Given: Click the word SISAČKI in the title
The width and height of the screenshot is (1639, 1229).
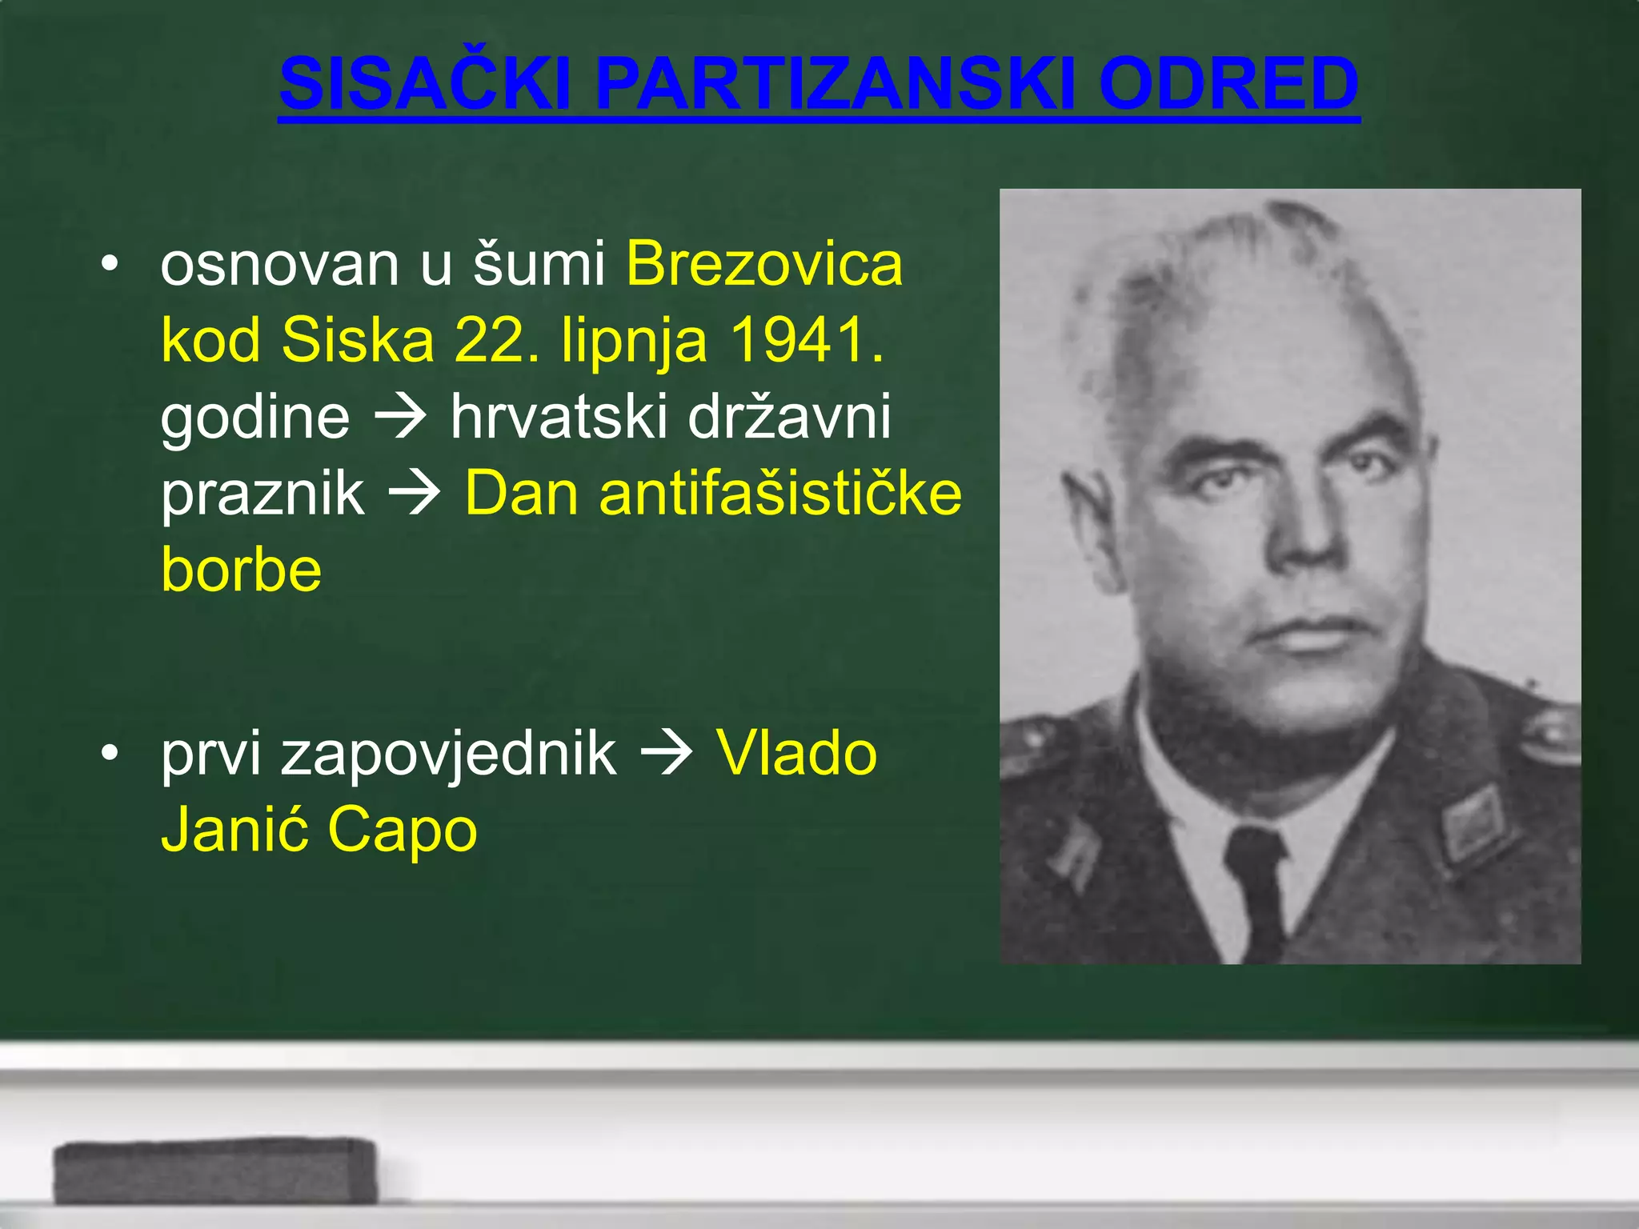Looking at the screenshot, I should tap(424, 84).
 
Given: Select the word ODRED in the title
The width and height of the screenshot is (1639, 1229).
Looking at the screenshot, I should tap(1228, 84).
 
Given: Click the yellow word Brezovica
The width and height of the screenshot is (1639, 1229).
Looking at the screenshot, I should tap(764, 263).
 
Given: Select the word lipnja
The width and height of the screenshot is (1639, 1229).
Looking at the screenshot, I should tap(634, 340).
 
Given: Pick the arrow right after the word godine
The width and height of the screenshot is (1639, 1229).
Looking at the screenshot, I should tap(399, 416).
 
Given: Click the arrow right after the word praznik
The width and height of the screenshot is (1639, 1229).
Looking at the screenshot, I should tap(414, 493).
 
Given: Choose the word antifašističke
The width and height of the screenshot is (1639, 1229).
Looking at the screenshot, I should tap(780, 493).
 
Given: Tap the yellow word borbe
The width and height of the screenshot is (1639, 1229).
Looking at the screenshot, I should tap(241, 569).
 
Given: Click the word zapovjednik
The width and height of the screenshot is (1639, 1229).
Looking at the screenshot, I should tap(448, 753).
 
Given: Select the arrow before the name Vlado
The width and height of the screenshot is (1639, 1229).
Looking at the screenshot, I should tap(666, 753).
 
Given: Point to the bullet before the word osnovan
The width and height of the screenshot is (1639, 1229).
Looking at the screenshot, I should tap(110, 263).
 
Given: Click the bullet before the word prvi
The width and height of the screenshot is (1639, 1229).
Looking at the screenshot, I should tap(110, 752).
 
